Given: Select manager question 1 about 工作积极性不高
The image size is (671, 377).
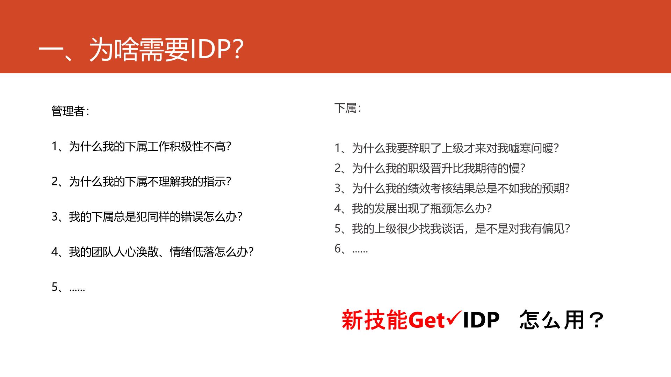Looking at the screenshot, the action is [x=142, y=147].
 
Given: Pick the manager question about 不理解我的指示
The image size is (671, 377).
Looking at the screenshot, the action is [x=142, y=182].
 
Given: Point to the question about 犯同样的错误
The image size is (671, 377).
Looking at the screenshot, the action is [x=147, y=217].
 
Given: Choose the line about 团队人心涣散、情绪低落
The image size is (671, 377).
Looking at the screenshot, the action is [x=153, y=252].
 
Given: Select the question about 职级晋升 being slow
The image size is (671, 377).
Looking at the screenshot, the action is [x=430, y=168].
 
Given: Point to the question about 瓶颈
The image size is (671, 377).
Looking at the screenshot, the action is [x=413, y=208].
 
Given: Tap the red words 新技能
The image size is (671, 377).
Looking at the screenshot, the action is [x=375, y=320].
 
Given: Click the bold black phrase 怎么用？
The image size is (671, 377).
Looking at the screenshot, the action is [x=562, y=320].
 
